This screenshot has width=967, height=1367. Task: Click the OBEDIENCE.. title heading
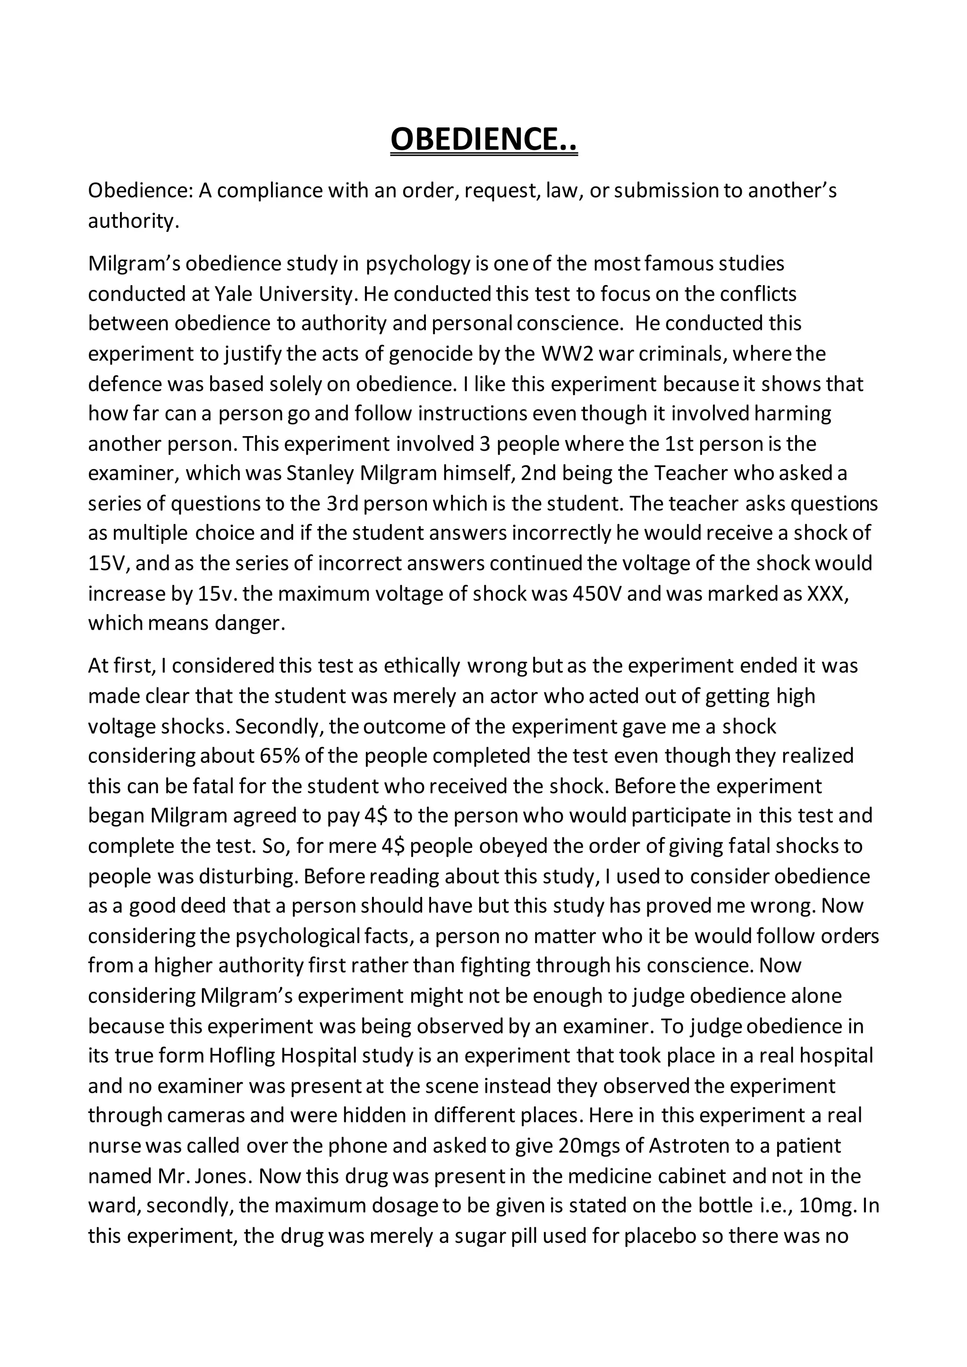483,139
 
